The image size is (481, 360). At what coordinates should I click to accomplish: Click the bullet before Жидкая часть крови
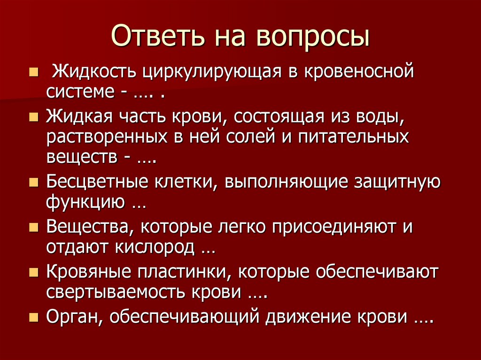(33, 117)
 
